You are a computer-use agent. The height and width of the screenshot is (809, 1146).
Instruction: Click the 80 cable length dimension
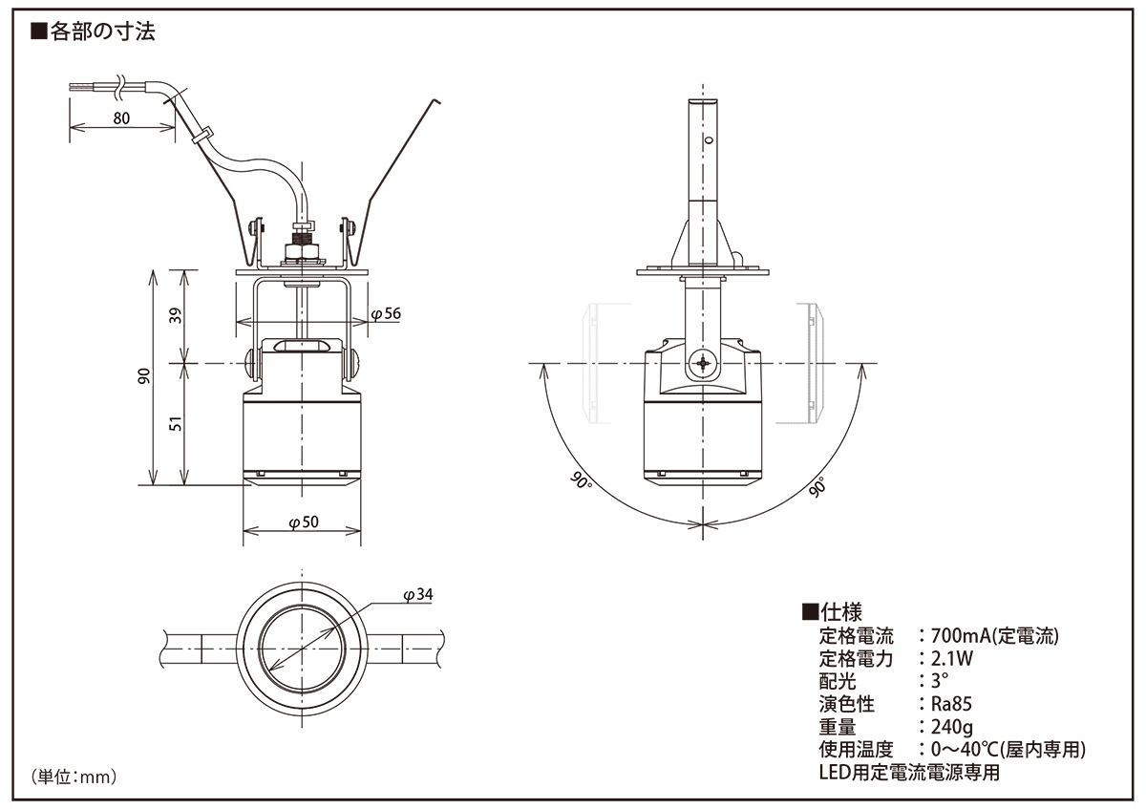click(121, 118)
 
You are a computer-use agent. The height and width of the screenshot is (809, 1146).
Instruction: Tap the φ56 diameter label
click(386, 313)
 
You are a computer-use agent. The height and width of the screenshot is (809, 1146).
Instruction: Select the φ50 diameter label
click(304, 522)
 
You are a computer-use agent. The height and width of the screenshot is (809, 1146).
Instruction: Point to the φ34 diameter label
click(418, 595)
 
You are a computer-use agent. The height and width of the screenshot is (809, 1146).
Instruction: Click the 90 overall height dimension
click(145, 376)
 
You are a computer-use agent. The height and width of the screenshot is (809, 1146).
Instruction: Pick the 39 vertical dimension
click(176, 316)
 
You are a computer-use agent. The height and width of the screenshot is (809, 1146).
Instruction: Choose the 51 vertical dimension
click(176, 424)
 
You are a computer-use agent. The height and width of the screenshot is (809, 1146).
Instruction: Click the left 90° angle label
click(581, 480)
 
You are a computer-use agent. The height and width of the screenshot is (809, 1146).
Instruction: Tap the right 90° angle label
click(818, 486)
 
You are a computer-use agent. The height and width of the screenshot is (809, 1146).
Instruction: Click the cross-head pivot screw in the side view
click(703, 364)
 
